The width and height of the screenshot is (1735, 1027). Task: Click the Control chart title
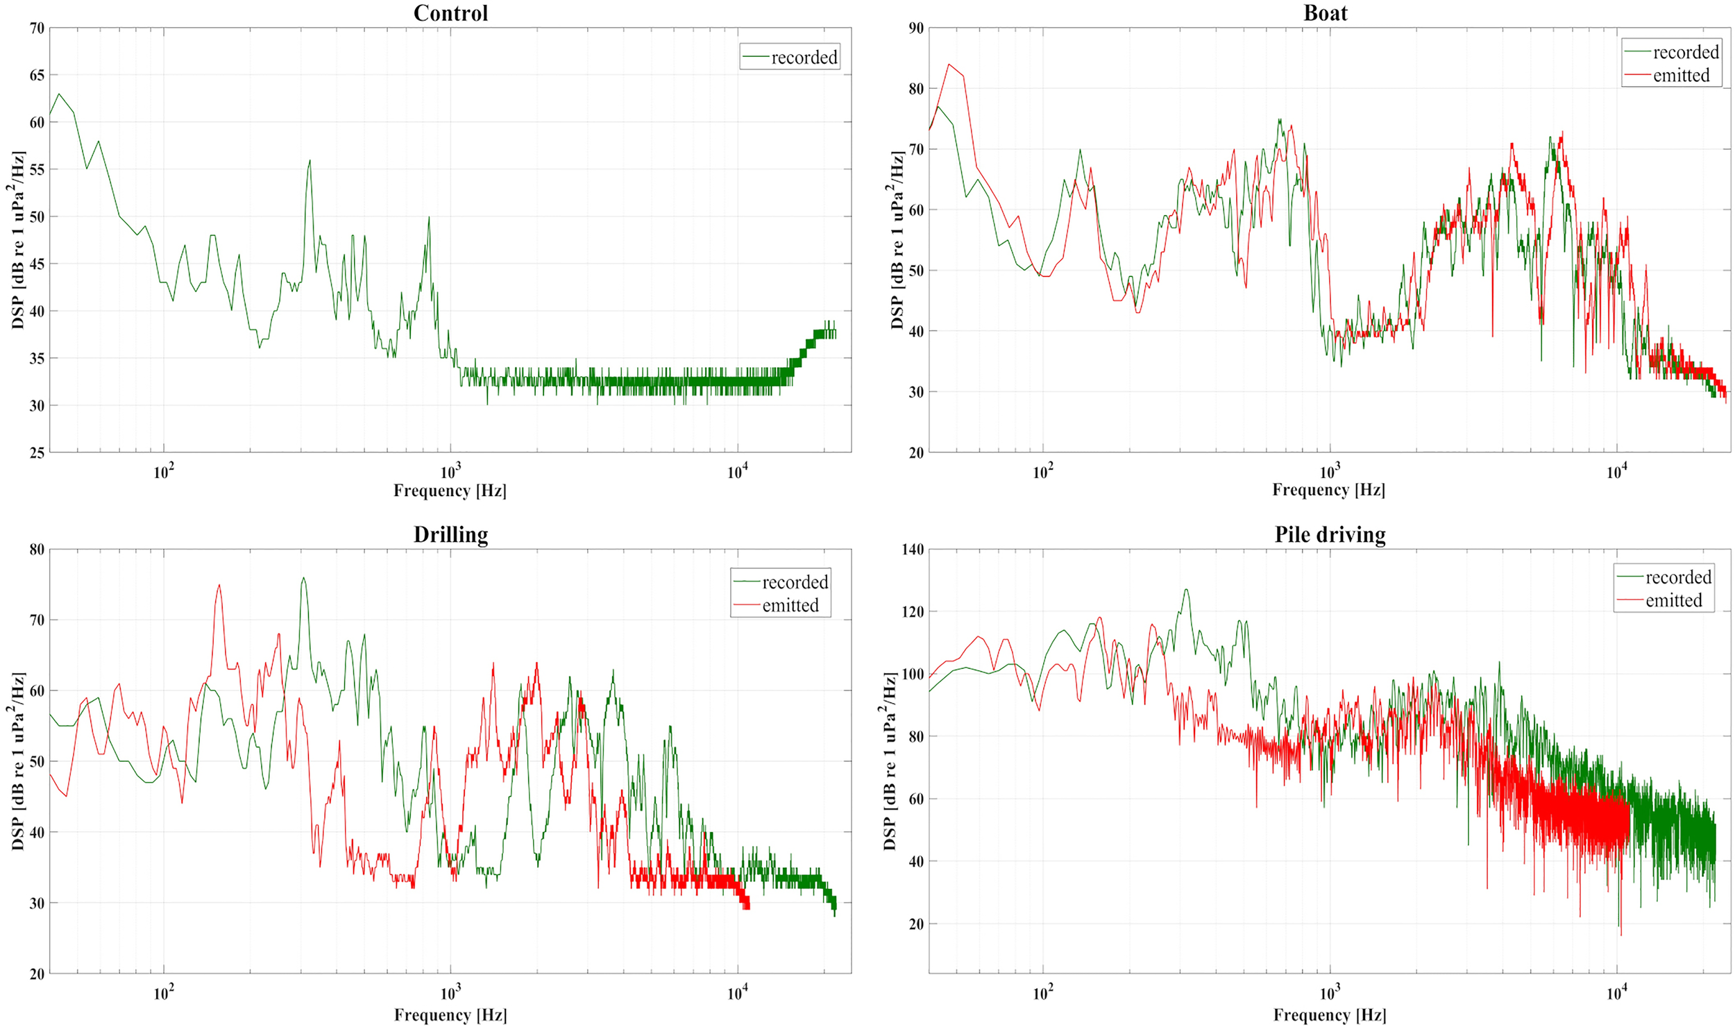450,13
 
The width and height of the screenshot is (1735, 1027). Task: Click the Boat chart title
1325,13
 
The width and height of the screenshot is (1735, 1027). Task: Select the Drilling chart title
450,535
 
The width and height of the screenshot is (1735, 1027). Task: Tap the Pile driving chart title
1330,535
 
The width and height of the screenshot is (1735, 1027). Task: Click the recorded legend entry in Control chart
804,58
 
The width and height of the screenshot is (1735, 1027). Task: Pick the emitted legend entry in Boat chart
1680,76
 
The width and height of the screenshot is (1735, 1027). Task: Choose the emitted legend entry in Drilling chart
790,606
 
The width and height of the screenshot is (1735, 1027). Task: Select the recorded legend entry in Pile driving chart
1677,577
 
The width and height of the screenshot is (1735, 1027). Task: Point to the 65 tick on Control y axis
37,75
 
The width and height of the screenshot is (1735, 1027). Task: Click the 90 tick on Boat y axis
916,28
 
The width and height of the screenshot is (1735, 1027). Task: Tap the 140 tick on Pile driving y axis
913,550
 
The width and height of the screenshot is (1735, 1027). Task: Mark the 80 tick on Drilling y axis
37,550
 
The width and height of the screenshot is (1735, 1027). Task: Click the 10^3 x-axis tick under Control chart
450,472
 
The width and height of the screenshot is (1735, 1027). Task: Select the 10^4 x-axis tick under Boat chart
1616,472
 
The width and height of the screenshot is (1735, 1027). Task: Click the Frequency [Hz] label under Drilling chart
450,1015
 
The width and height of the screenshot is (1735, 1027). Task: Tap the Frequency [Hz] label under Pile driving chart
1329,1015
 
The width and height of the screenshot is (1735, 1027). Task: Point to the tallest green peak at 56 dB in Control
310,161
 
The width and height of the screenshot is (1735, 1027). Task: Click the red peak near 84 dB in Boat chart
949,65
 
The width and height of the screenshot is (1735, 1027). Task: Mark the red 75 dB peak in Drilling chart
219,585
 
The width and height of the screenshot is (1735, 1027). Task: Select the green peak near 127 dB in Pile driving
1186,590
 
